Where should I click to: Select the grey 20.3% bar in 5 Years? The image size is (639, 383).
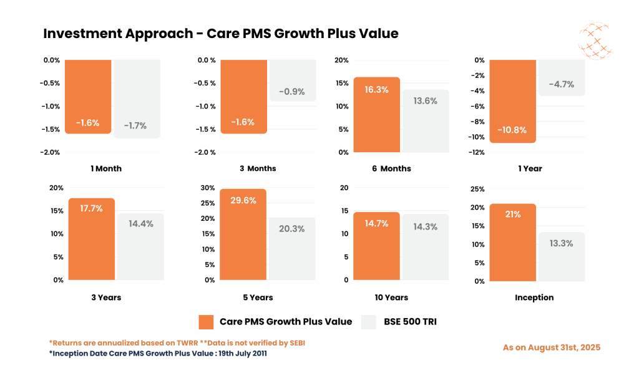click(x=292, y=250)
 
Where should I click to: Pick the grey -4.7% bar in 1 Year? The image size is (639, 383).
click(x=561, y=78)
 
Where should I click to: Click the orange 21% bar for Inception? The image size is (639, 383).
click(x=512, y=243)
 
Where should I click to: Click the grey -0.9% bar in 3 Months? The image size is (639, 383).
click(x=292, y=80)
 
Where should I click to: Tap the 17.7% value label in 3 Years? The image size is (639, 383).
click(x=92, y=208)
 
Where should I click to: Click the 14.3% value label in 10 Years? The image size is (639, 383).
click(x=424, y=227)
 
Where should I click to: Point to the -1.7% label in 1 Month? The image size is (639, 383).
click(x=135, y=125)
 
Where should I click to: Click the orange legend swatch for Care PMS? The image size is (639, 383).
click(x=207, y=322)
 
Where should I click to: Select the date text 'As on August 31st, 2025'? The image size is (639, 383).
click(x=551, y=347)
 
